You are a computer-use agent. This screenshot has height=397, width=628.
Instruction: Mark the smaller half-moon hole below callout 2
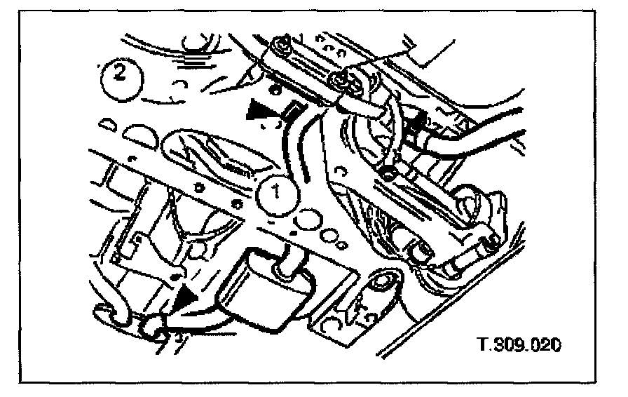pyautogui.click(x=107, y=124)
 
